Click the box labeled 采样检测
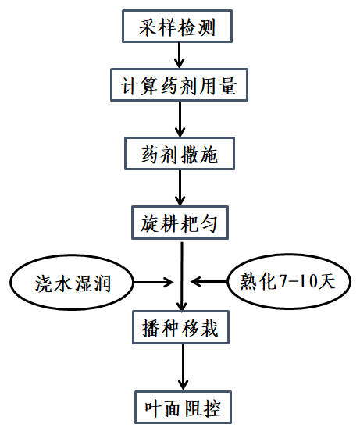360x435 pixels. coord(177,27)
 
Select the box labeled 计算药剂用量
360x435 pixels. coord(179,85)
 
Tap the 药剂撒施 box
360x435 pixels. coord(180,153)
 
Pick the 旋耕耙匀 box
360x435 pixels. coord(180,223)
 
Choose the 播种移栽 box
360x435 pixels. coord(181,327)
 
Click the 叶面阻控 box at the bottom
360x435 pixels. coord(183,407)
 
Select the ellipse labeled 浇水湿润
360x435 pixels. coord(72,283)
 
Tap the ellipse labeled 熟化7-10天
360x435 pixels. coord(289,281)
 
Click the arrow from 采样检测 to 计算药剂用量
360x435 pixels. coord(179,55)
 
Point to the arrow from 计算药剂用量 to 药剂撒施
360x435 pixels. coord(180,119)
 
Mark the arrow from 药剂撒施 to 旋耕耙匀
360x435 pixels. coord(180,187)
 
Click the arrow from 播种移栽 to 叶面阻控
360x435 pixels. coord(183,367)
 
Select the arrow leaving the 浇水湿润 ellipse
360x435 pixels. coord(153,283)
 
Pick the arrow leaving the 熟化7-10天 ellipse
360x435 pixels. coord(209,282)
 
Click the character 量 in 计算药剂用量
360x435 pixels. coord(228,86)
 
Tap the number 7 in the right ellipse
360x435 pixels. coord(283,281)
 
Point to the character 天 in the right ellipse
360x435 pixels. coord(326,281)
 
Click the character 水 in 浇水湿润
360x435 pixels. coord(62,283)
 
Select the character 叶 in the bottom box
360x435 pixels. coord(153,408)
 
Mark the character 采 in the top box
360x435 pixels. coord(148,27)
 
